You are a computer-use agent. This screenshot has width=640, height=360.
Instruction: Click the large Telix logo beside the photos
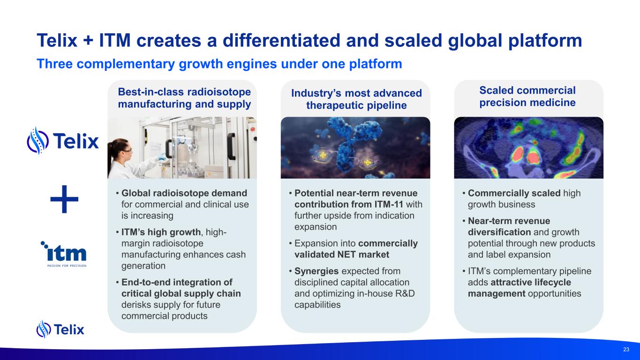[x=63, y=141]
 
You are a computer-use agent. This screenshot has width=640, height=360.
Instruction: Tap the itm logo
[x=64, y=254]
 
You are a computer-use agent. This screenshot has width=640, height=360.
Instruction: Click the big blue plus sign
[x=64, y=199]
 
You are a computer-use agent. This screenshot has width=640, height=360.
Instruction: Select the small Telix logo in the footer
[x=60, y=329]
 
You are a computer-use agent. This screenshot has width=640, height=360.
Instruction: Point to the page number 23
[x=626, y=349]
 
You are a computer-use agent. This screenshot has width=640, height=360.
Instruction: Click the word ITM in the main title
[x=115, y=40]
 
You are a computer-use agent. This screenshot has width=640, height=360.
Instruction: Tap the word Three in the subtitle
[x=54, y=64]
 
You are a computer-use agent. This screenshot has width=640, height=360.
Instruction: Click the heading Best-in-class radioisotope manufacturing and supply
[x=184, y=98]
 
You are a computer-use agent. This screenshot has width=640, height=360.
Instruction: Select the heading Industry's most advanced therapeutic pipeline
[x=356, y=99]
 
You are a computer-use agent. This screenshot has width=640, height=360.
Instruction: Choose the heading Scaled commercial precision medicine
[x=527, y=96]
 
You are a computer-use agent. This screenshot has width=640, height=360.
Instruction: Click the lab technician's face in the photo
[x=126, y=149]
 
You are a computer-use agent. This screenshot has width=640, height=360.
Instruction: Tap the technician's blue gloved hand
[x=162, y=157]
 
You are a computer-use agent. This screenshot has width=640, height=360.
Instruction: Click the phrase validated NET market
[x=342, y=255]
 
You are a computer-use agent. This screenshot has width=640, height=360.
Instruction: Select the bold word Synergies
[x=316, y=271]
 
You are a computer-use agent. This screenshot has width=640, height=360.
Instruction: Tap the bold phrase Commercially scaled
[x=514, y=194]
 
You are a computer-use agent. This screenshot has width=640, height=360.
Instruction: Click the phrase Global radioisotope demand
[x=184, y=193]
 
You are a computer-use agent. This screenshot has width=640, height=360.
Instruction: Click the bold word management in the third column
[x=497, y=294]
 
